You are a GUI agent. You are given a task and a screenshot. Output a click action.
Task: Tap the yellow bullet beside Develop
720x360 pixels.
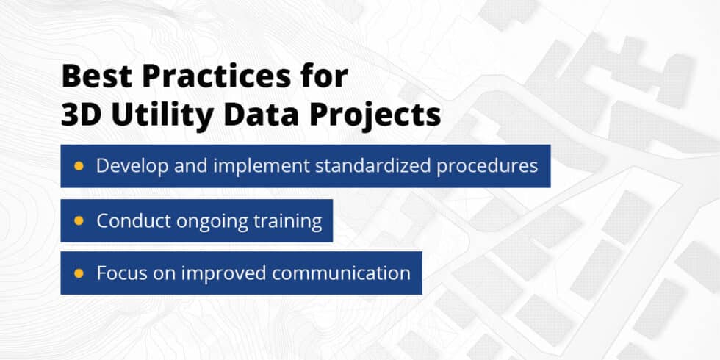[x=79, y=166]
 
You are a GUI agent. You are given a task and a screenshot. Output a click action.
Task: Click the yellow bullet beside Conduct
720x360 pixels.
[x=79, y=220]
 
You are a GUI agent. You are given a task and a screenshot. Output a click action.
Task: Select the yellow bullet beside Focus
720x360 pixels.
[x=79, y=273]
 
